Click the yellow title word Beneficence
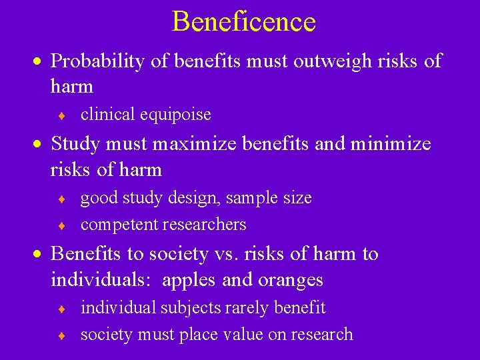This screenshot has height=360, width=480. pyautogui.click(x=243, y=21)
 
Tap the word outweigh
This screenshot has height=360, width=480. pyautogui.click(x=285, y=61)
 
